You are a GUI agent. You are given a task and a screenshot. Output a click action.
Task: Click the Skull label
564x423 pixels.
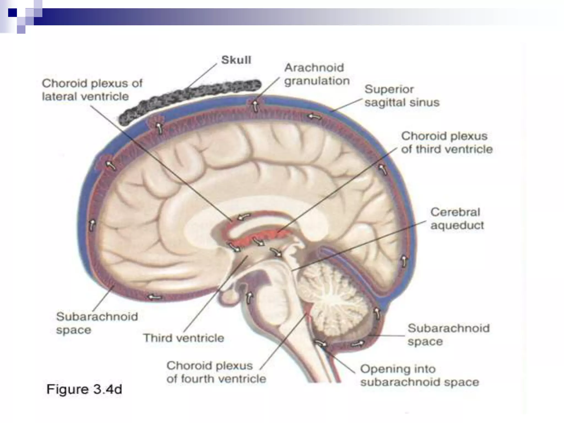point(236,60)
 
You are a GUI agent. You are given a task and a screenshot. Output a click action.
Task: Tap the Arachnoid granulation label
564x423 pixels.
point(317,74)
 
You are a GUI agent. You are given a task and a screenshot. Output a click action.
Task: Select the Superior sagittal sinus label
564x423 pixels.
point(402,96)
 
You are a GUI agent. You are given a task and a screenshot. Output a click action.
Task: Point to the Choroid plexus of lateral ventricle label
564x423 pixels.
point(92,90)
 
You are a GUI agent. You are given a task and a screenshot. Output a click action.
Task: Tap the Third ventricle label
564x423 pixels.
point(184,338)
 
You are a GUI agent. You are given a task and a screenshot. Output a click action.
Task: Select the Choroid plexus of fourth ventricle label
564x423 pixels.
point(216,372)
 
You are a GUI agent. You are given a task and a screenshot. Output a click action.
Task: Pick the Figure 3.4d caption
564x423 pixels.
point(84,389)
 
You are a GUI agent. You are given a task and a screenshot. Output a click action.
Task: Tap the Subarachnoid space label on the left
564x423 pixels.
point(97,323)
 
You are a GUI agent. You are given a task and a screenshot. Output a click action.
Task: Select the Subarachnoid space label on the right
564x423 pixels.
point(448,335)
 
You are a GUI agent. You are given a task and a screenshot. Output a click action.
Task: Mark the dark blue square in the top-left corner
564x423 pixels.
point(12,12)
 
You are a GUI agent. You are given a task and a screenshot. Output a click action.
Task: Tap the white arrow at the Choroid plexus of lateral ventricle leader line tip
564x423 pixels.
point(243,217)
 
